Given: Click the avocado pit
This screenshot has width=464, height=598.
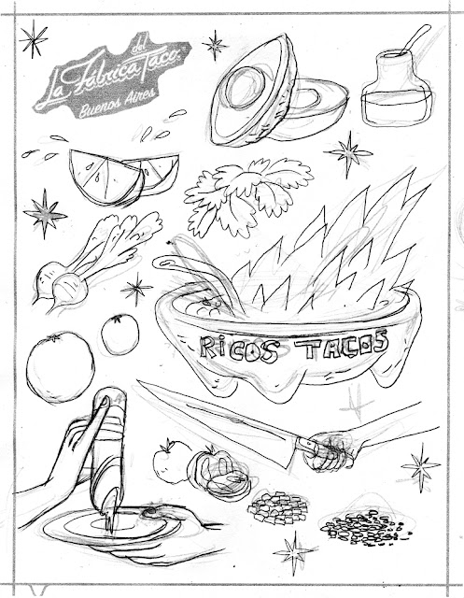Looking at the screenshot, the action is tap(245, 89).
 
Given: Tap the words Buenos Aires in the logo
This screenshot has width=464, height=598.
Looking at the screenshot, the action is tap(117, 102).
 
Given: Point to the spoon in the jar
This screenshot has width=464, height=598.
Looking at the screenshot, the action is tap(415, 39).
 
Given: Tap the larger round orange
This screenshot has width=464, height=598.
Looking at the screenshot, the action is tap(60, 367).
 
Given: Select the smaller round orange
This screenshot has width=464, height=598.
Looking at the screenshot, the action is tap(120, 335).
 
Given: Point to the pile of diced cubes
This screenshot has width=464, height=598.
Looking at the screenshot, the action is tap(277, 506).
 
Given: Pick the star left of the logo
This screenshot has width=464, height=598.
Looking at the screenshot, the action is tap(34, 38).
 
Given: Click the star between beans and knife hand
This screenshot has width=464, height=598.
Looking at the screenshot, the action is tap(420, 466).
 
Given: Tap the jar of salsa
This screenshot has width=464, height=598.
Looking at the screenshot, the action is tap(398, 89).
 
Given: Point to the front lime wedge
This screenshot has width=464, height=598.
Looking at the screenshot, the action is tap(105, 178).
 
